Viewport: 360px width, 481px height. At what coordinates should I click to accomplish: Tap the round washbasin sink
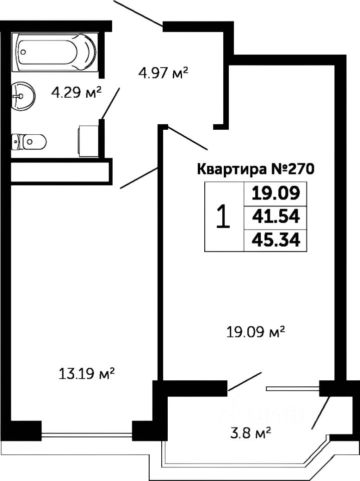click(x=23, y=95)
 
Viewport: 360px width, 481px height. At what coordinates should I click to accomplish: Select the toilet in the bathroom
click(x=29, y=142)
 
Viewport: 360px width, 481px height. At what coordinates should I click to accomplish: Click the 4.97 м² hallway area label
click(x=163, y=74)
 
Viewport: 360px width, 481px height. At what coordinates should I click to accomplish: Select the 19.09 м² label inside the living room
click(x=255, y=331)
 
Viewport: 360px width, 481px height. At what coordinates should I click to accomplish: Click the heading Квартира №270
click(x=255, y=169)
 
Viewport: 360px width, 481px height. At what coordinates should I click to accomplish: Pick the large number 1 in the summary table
click(x=223, y=217)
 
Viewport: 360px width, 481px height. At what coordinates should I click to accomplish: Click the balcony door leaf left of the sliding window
click(x=245, y=381)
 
